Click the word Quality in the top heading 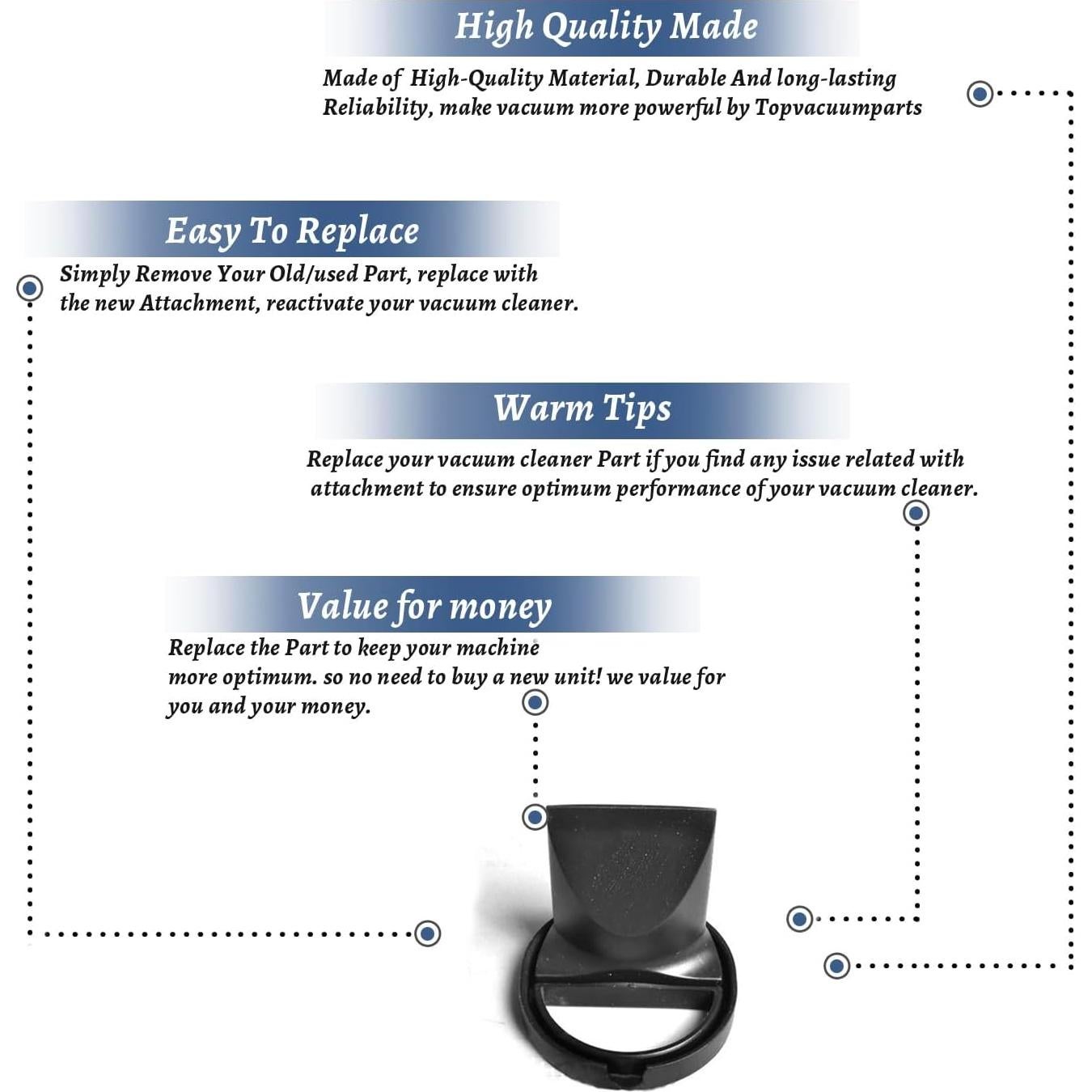pyautogui.click(x=602, y=27)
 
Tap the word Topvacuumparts pyautogui.click(x=838, y=108)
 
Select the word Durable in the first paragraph pyautogui.click(x=686, y=78)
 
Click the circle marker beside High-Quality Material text pyautogui.click(x=980, y=94)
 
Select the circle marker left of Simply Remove pyautogui.click(x=30, y=289)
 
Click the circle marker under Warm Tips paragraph pyautogui.click(x=916, y=514)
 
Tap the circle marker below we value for pyautogui.click(x=535, y=703)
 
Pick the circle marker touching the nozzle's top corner pyautogui.click(x=535, y=817)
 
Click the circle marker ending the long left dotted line pyautogui.click(x=428, y=934)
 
